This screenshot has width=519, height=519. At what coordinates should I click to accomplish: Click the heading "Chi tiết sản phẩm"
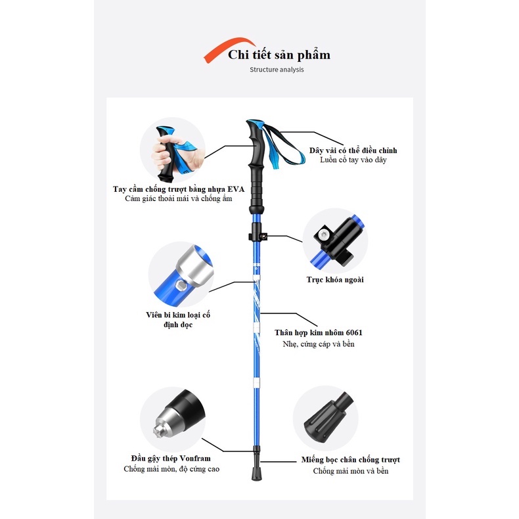point(279,55)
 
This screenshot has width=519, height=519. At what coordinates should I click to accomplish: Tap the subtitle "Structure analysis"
point(277,70)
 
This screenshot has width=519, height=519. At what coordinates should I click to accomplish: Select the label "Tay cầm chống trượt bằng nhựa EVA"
point(179,189)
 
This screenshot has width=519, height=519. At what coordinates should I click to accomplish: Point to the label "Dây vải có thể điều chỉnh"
point(353,150)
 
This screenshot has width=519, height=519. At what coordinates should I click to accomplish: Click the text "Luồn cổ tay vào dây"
point(353,160)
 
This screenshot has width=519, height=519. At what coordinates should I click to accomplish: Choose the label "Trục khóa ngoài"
point(335,280)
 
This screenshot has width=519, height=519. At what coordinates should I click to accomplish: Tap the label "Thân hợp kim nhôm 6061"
point(319,332)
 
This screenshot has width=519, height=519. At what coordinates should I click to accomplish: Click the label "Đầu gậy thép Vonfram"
point(171,459)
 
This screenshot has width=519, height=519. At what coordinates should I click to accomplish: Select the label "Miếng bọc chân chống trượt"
point(351,460)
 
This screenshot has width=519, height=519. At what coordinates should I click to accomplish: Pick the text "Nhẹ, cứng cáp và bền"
point(319,344)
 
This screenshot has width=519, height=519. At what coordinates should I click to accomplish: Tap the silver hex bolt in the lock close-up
point(323,235)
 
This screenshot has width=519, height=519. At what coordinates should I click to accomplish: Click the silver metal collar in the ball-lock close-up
point(194,266)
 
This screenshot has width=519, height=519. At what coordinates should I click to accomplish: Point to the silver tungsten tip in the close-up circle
point(169,424)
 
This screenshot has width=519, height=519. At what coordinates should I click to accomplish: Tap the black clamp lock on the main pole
point(257,233)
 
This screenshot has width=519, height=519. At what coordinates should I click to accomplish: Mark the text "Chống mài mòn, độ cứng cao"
point(171,469)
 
